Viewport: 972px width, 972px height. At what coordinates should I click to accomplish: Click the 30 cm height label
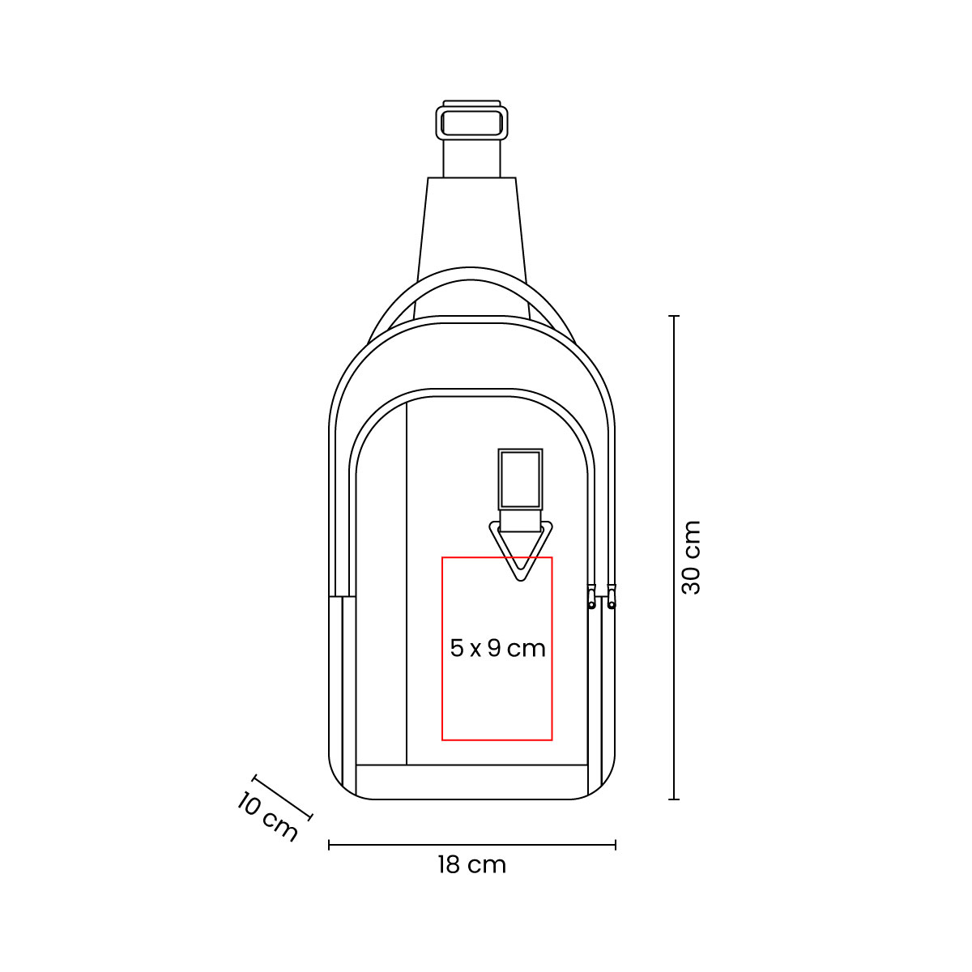tap(691, 557)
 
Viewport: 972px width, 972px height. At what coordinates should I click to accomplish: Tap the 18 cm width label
tap(471, 865)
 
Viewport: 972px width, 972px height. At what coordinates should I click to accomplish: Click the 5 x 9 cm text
tap(497, 648)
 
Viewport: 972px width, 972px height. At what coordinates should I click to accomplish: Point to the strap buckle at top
tap(471, 123)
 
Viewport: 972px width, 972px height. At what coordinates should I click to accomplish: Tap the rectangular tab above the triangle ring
tap(520, 480)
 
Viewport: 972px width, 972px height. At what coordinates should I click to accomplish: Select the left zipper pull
tap(591, 598)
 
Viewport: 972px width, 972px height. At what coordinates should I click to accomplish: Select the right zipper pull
tap(612, 598)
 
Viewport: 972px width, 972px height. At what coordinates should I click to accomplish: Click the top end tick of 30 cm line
tap(674, 316)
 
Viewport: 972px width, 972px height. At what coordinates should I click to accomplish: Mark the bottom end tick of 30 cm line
tap(674, 799)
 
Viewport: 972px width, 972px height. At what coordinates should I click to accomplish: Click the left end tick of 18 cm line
tap(329, 845)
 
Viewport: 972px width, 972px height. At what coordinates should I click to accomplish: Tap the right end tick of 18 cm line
tap(616, 845)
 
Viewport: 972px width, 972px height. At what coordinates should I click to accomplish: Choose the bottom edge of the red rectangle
tap(497, 740)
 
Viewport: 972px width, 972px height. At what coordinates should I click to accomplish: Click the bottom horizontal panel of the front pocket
tap(471, 782)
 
